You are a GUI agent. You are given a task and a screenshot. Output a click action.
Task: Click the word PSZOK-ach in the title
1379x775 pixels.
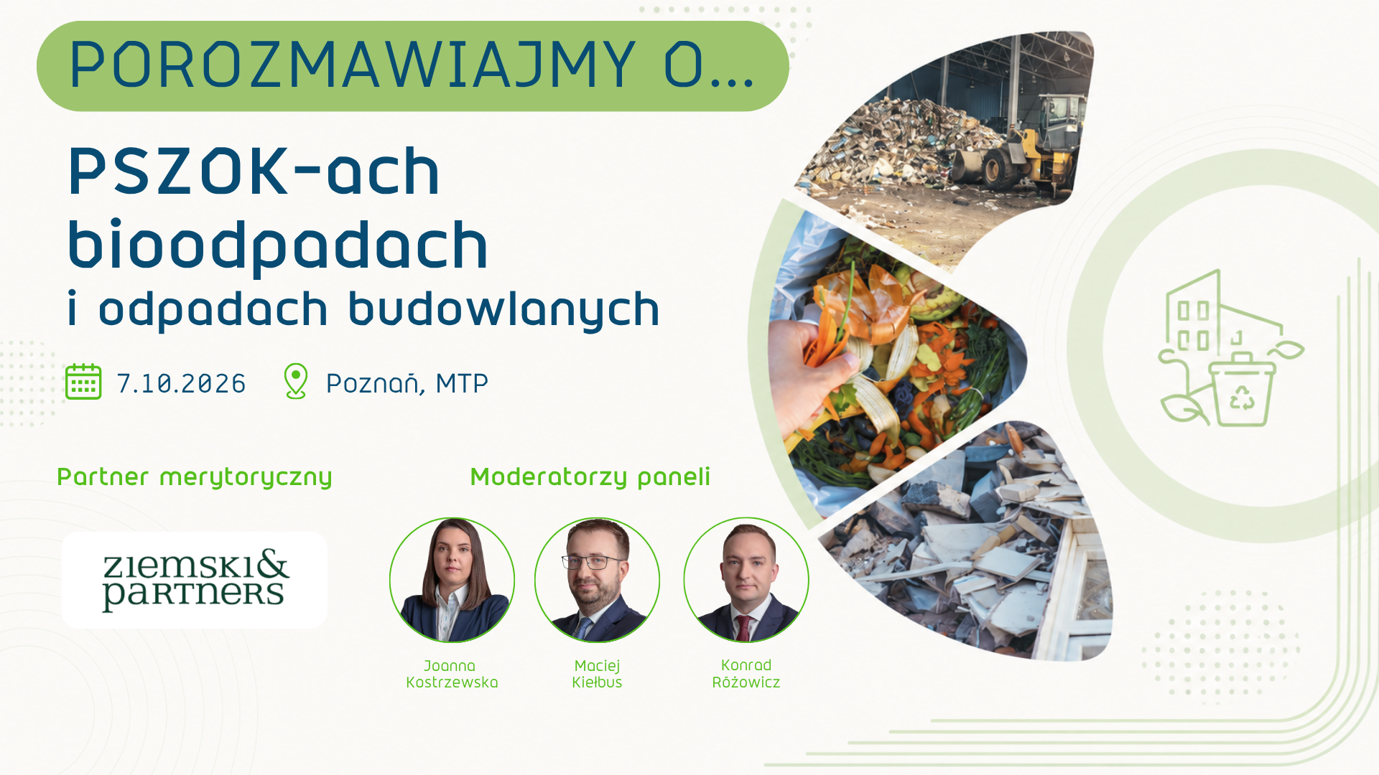click(x=254, y=171)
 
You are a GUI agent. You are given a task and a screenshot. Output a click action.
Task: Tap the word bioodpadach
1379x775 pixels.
click(x=278, y=245)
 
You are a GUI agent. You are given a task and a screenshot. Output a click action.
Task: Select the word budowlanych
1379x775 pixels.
click(x=503, y=309)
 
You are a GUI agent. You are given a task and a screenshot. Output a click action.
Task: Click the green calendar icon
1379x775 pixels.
click(x=83, y=381)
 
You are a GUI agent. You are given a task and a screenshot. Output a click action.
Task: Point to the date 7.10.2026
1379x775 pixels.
click(x=181, y=383)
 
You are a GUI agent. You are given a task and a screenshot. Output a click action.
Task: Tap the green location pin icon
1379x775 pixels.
click(x=296, y=381)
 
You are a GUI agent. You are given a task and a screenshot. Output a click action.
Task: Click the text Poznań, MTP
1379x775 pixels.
click(x=407, y=383)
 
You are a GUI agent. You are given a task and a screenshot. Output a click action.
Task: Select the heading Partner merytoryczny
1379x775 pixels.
click(x=195, y=477)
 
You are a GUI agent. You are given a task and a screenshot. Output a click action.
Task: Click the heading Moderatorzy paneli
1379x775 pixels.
click(x=590, y=477)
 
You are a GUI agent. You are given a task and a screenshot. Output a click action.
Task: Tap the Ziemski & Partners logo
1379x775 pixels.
click(x=195, y=580)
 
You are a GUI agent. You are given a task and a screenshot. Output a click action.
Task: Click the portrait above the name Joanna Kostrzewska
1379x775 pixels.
click(x=452, y=580)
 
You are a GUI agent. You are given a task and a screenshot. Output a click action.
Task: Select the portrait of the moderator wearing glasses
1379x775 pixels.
click(x=598, y=580)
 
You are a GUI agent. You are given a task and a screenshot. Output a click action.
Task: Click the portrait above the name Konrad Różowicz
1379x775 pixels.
click(x=746, y=580)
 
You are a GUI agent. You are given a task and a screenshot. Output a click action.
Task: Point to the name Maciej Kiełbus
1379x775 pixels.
click(x=597, y=674)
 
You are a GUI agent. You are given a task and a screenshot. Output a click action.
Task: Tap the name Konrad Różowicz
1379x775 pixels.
click(x=746, y=674)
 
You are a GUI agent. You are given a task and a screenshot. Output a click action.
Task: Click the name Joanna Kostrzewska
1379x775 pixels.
click(x=452, y=674)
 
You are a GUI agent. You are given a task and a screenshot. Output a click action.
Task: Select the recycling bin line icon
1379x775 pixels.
click(x=1243, y=387)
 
